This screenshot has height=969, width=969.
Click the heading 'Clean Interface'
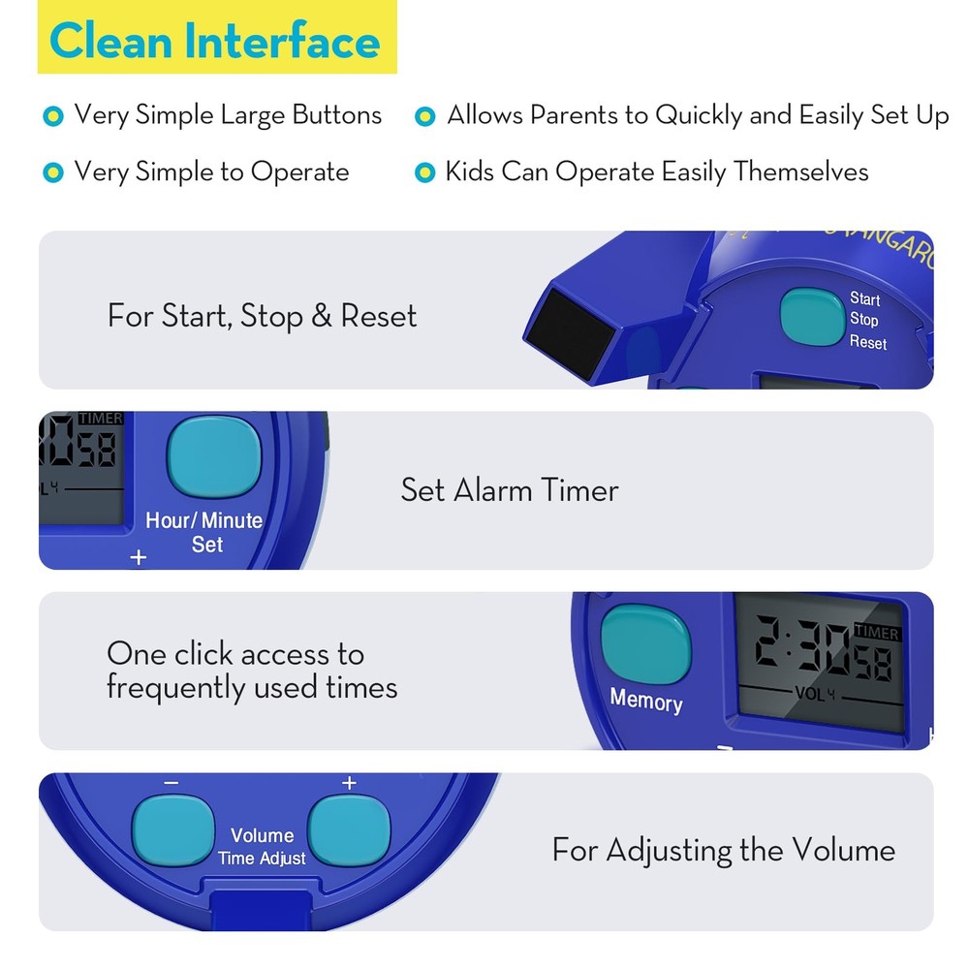(215, 42)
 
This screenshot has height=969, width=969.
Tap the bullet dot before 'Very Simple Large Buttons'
(52, 116)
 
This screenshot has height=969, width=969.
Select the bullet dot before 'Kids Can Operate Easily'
(423, 173)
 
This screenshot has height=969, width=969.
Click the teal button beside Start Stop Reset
(812, 316)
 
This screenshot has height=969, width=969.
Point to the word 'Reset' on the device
(867, 342)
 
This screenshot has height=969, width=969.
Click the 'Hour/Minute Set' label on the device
(204, 532)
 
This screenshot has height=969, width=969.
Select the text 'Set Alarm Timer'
(510, 490)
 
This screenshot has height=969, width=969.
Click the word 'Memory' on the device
(645, 700)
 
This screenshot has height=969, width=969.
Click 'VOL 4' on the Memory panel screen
(814, 694)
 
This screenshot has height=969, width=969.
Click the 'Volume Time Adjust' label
(262, 846)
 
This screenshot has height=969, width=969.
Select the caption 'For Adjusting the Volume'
(723, 851)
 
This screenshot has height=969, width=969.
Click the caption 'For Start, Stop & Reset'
(262, 316)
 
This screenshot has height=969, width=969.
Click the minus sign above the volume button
(172, 783)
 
